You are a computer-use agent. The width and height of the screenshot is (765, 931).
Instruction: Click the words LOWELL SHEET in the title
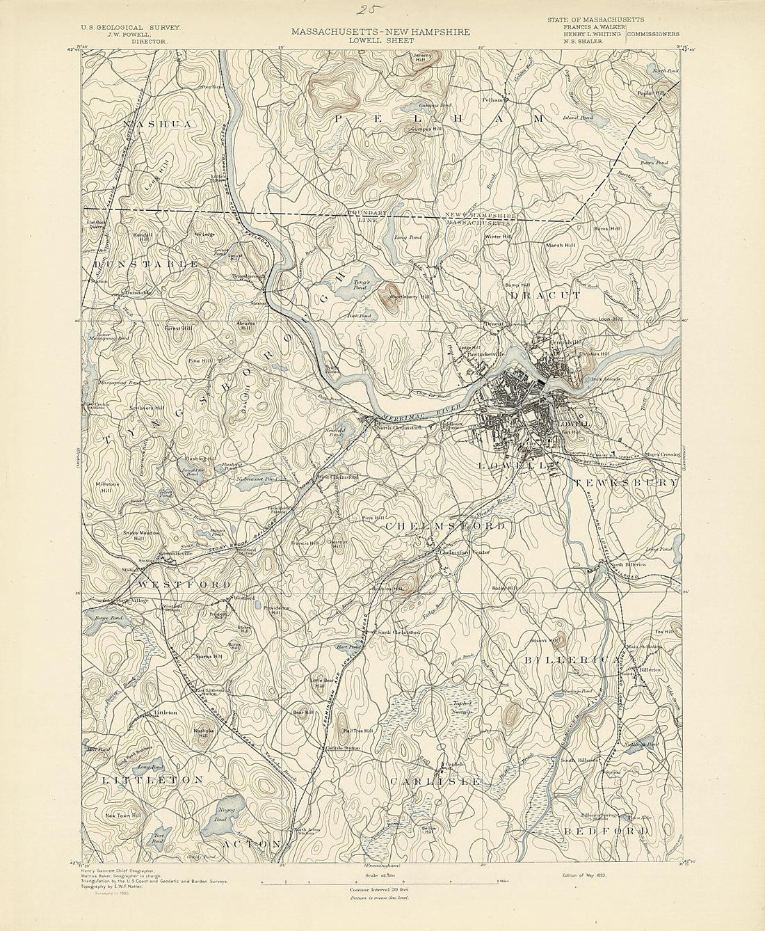tap(380, 40)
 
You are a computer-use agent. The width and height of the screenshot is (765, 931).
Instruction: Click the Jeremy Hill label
tap(423, 56)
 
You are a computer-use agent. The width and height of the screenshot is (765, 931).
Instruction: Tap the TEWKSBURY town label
tap(625, 482)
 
